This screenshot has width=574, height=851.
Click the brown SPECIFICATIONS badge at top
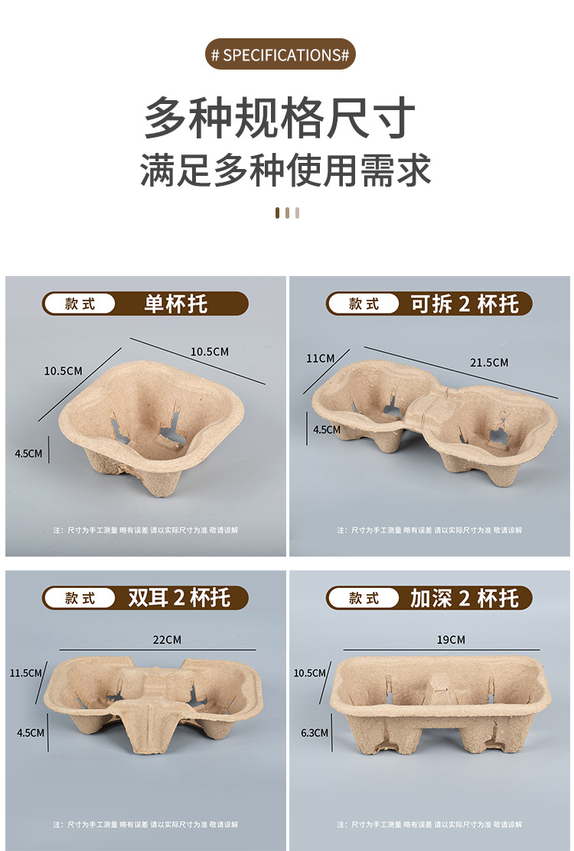click(x=280, y=55)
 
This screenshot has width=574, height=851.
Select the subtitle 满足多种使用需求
click(x=285, y=169)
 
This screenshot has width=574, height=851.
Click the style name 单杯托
click(x=176, y=304)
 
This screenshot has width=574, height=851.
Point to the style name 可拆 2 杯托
click(x=465, y=304)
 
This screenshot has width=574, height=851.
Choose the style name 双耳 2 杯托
click(x=179, y=597)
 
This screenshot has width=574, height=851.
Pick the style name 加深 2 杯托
click(x=465, y=597)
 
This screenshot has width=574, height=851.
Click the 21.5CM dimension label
click(x=489, y=362)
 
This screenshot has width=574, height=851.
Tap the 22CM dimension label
click(x=167, y=640)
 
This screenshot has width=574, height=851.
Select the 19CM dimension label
click(x=451, y=640)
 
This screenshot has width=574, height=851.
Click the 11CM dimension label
click(x=321, y=358)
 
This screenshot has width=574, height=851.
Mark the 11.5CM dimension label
click(x=26, y=673)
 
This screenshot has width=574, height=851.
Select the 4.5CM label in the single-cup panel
click(x=28, y=453)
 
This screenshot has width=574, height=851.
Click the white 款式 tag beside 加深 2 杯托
click(x=364, y=598)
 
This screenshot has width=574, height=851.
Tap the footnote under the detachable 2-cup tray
click(x=429, y=530)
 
